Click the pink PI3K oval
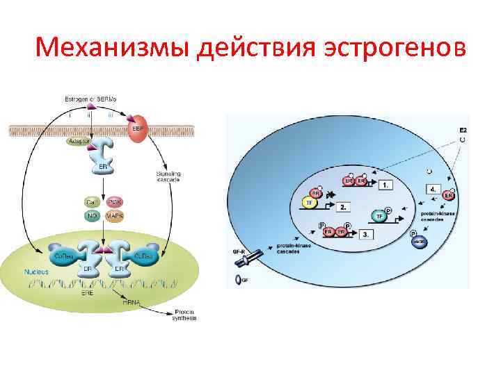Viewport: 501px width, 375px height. [115, 201]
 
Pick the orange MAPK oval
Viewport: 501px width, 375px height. [115, 216]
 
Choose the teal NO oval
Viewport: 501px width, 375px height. [92, 216]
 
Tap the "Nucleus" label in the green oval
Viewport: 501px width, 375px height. [35, 272]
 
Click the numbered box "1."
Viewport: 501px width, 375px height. [385, 185]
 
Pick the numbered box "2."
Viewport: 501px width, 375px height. [343, 207]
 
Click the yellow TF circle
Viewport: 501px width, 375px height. [309, 203]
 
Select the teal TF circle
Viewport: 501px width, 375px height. [379, 216]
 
